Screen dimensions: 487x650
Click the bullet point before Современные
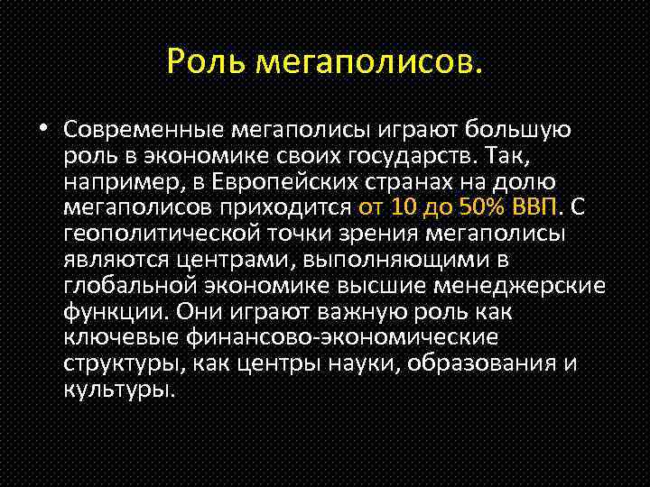click(x=43, y=130)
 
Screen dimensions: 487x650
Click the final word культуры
click(x=117, y=391)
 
